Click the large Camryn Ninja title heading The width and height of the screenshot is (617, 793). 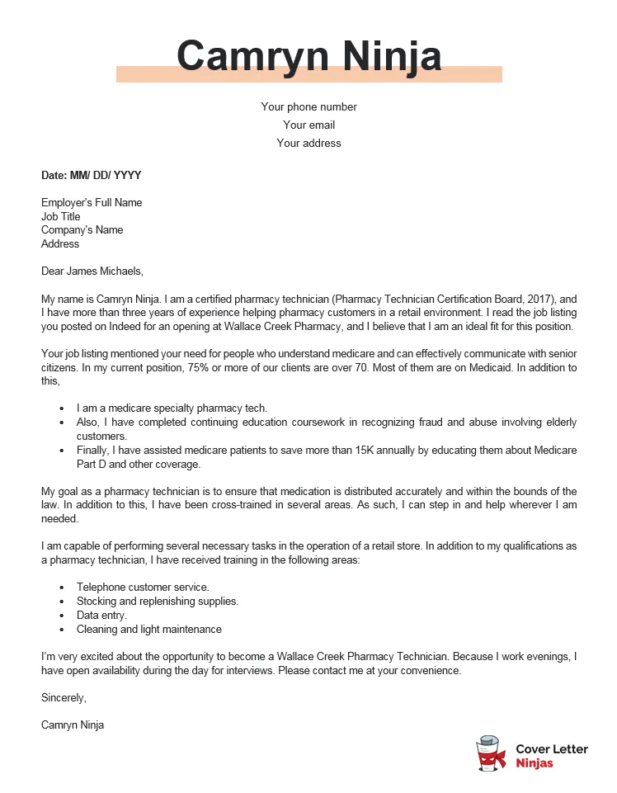pos(308,56)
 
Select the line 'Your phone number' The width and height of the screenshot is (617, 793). pos(308,107)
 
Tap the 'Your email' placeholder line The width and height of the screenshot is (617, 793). pos(308,125)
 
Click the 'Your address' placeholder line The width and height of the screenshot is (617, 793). pos(308,144)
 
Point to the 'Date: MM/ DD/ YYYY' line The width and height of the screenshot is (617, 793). pos(92,176)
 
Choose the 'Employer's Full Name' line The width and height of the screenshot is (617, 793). pos(92,203)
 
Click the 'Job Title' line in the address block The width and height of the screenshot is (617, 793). pos(61,217)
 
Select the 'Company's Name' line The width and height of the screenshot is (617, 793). pos(82,230)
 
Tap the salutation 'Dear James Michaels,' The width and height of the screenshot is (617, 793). pos(92,271)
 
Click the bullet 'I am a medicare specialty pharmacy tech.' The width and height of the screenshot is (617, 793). pos(172,408)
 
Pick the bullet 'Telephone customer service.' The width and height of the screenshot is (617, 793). pos(137,588)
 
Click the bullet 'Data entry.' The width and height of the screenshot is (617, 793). pos(101,616)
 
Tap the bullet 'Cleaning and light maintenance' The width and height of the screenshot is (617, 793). pos(148,630)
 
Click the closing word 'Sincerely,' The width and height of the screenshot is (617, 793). pos(64,698)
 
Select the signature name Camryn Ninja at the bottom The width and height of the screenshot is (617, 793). pos(73,725)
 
